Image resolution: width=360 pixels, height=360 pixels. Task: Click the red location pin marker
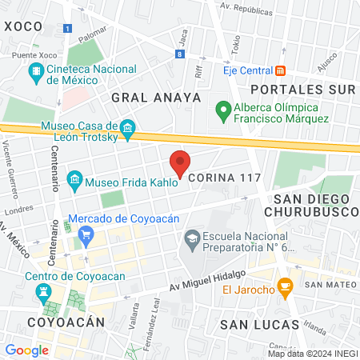tap(181, 162)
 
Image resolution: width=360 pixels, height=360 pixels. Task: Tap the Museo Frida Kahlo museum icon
tap(75, 178)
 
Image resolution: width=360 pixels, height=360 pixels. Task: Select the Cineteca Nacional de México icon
tap(36, 72)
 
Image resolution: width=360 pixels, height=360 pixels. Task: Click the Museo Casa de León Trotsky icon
tap(126, 128)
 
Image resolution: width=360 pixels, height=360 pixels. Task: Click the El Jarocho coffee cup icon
tap(283, 286)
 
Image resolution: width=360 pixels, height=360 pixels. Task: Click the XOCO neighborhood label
tap(22, 26)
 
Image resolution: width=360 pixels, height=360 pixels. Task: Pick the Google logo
tap(26, 350)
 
